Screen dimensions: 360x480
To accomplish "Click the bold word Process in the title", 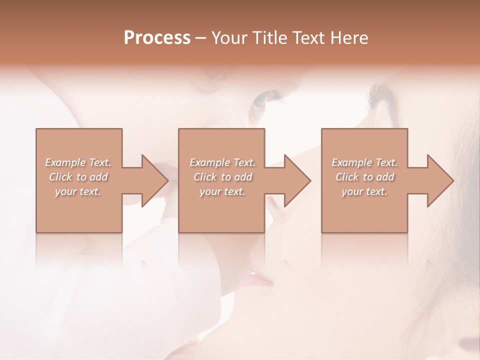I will [157, 38].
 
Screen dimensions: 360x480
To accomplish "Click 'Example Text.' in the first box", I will [78, 162].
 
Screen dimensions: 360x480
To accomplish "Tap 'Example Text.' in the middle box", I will [222, 162].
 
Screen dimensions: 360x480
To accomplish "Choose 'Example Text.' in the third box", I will [364, 162].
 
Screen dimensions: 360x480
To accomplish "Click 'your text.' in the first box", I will [78, 191].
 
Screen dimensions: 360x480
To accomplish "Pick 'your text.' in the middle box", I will [222, 191].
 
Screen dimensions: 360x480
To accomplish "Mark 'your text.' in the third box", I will [364, 191].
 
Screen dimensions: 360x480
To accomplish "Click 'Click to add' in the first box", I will [78, 177].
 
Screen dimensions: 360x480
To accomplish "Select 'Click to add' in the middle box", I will [222, 177].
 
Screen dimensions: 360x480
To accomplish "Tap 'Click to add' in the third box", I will [364, 177].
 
